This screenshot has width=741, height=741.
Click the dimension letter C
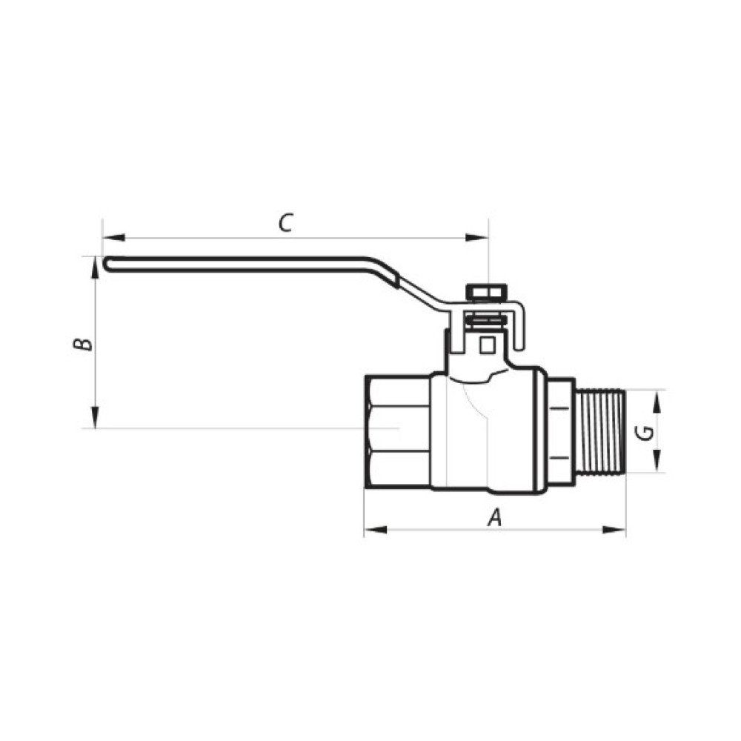286,223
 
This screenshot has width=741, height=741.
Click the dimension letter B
83,344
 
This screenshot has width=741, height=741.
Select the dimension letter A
495,517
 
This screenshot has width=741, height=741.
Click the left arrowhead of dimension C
114,237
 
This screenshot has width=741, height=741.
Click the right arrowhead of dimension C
476,237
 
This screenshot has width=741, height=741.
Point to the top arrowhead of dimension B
95,268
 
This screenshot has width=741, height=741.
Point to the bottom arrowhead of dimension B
95,417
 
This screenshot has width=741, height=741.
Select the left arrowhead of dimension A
376,530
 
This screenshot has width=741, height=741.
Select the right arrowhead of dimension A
614,530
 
